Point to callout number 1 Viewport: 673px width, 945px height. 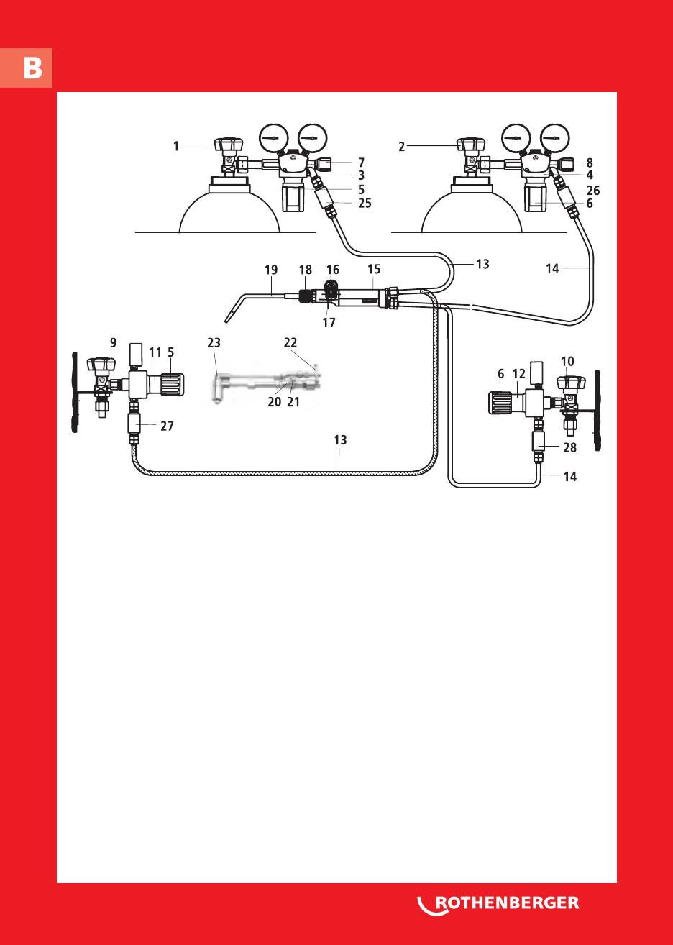(176, 146)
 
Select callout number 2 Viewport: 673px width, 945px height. (403, 147)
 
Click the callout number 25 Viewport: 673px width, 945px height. (365, 204)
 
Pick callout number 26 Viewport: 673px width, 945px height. (592, 191)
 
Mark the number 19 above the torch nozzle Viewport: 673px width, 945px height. (271, 270)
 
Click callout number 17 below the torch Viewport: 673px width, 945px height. (329, 323)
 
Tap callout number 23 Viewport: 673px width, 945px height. (214, 343)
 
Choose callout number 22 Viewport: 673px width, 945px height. (290, 343)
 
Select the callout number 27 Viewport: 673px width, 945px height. (167, 426)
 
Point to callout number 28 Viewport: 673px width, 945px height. (570, 447)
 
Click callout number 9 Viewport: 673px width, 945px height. (113, 342)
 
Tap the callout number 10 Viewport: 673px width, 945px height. (567, 360)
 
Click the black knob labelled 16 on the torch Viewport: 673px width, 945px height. (331, 288)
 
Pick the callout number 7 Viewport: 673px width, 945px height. (362, 163)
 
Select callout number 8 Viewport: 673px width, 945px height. (590, 163)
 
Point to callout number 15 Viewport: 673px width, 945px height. (374, 270)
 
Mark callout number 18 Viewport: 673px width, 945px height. (306, 270)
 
